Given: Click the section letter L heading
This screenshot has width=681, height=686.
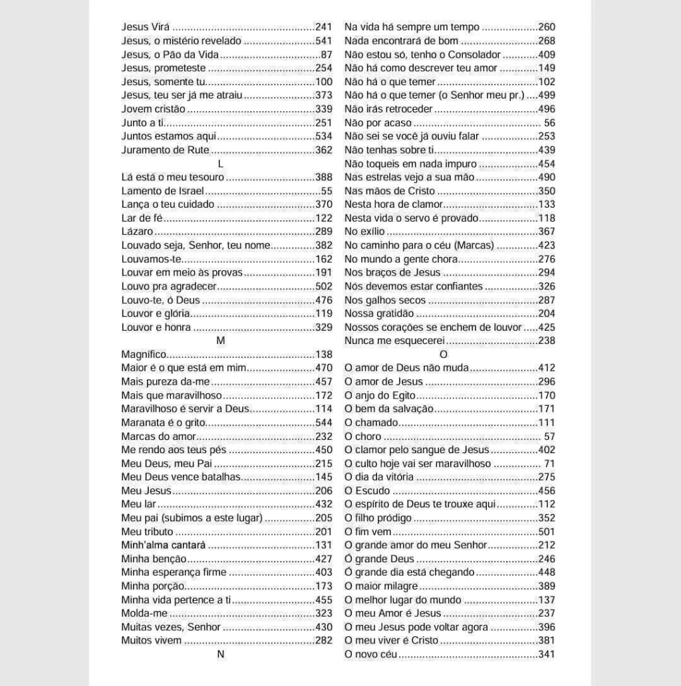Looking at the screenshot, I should click(x=221, y=164).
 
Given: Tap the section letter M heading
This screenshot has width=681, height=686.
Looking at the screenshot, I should click(x=221, y=341).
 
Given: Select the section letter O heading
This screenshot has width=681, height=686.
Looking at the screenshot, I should click(x=444, y=355).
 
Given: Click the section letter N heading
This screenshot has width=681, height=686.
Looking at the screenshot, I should click(x=221, y=654).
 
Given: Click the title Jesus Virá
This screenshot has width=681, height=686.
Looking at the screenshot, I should click(x=146, y=27).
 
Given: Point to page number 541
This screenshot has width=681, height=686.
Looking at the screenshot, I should click(x=324, y=41).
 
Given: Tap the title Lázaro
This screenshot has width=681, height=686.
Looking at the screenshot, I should click(x=137, y=232).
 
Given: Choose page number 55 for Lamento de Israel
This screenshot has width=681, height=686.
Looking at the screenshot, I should click(x=327, y=191).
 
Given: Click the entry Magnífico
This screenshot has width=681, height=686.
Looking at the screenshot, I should click(x=144, y=355).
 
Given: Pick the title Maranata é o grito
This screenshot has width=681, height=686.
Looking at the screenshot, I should click(x=163, y=423).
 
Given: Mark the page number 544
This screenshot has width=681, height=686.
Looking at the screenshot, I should click(x=324, y=423).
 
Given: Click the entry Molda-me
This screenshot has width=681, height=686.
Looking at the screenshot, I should click(x=144, y=613).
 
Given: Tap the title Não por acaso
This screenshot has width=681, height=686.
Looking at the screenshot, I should click(x=378, y=123).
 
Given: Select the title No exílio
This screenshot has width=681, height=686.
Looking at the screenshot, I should click(x=364, y=232).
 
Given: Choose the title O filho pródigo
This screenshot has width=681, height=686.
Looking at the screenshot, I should click(x=378, y=518).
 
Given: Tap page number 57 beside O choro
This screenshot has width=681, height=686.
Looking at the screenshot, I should click(x=549, y=436).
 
